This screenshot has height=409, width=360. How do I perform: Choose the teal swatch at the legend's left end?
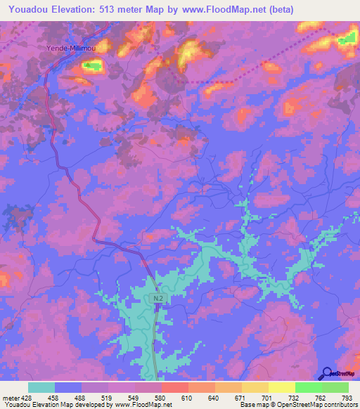click(41, 387)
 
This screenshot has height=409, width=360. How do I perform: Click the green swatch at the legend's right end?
click(335, 387)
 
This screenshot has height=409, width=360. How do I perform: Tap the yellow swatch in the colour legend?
click(281, 387)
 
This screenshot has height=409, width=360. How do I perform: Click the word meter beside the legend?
click(11, 398)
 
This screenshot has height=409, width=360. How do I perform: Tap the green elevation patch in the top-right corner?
click(347, 39)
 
